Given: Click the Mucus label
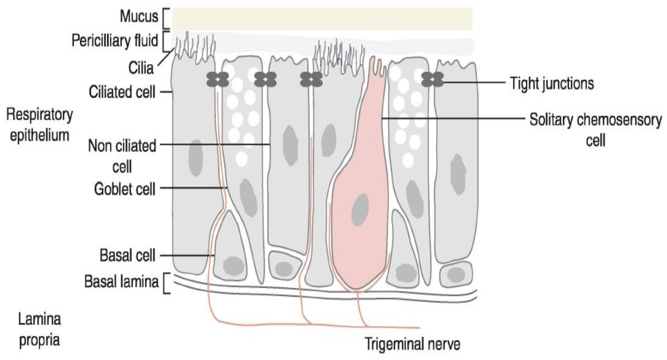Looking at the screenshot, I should pyautogui.click(x=139, y=16).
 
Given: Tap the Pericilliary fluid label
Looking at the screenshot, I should pyautogui.click(x=115, y=41).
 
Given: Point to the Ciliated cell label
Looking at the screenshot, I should pyautogui.click(x=122, y=92).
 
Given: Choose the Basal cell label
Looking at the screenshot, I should pyautogui.click(x=127, y=256).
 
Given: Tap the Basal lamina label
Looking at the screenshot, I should pyautogui.click(x=121, y=282).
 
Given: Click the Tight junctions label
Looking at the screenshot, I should pyautogui.click(x=552, y=83).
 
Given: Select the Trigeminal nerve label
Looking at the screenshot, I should pyautogui.click(x=413, y=344).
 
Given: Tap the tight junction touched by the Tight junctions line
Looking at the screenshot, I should pyautogui.click(x=432, y=79).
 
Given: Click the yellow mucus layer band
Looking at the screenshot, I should pyautogui.click(x=322, y=19).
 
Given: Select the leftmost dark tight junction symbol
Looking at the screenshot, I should pyautogui.click(x=218, y=79).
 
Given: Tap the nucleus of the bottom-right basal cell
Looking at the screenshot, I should pyautogui.click(x=456, y=275).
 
